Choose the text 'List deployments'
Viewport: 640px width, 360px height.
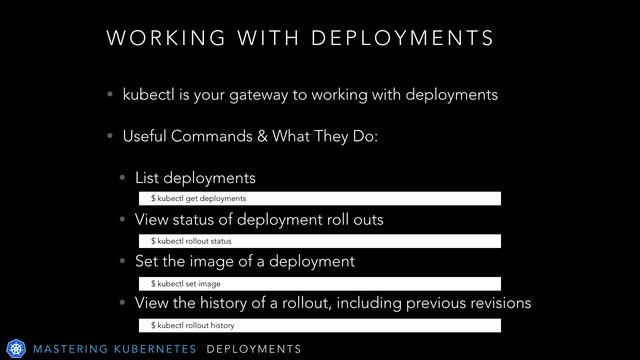point(195,179)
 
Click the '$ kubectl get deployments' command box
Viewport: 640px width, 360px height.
point(319,199)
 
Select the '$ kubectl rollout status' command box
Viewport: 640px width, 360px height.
point(319,241)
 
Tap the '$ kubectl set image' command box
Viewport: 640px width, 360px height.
point(319,284)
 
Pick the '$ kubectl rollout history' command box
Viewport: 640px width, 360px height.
point(319,326)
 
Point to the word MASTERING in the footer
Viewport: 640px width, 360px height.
point(70,348)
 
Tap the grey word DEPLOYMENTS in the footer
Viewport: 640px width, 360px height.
point(254,348)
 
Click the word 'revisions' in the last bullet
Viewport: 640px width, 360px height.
point(496,303)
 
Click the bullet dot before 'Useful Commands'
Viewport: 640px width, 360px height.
point(110,137)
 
